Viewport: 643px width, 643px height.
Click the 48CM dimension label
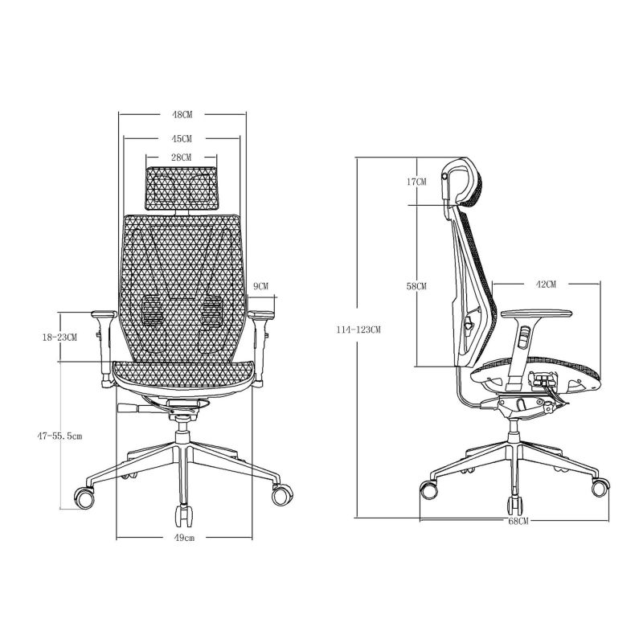pyautogui.click(x=182, y=115)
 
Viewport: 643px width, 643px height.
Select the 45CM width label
pyautogui.click(x=182, y=138)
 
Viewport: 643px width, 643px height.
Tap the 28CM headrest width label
pyautogui.click(x=182, y=158)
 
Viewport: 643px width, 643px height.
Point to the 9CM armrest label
pyautogui.click(x=260, y=286)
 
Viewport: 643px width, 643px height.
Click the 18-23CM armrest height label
pyautogui.click(x=59, y=338)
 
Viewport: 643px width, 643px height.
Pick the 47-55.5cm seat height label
pyautogui.click(x=59, y=436)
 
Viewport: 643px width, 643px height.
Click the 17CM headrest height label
pyautogui.click(x=416, y=182)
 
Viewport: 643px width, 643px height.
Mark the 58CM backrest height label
pyautogui.click(x=416, y=286)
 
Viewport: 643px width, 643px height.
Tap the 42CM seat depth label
pyautogui.click(x=546, y=285)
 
